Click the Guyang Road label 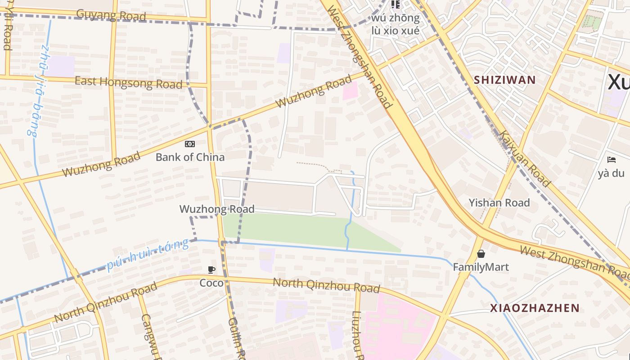111,15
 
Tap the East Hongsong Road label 128,82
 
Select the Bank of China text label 190,157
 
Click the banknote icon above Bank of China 190,144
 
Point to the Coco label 211,283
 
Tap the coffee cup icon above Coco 211,270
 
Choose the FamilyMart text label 481,267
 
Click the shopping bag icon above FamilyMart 481,254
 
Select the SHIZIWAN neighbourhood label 504,80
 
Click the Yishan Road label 499,202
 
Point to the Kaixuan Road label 525,159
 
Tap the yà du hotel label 612,173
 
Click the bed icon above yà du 611,160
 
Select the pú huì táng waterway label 148,255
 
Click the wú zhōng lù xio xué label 395,24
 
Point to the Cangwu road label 149,337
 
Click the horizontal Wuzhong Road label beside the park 217,209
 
